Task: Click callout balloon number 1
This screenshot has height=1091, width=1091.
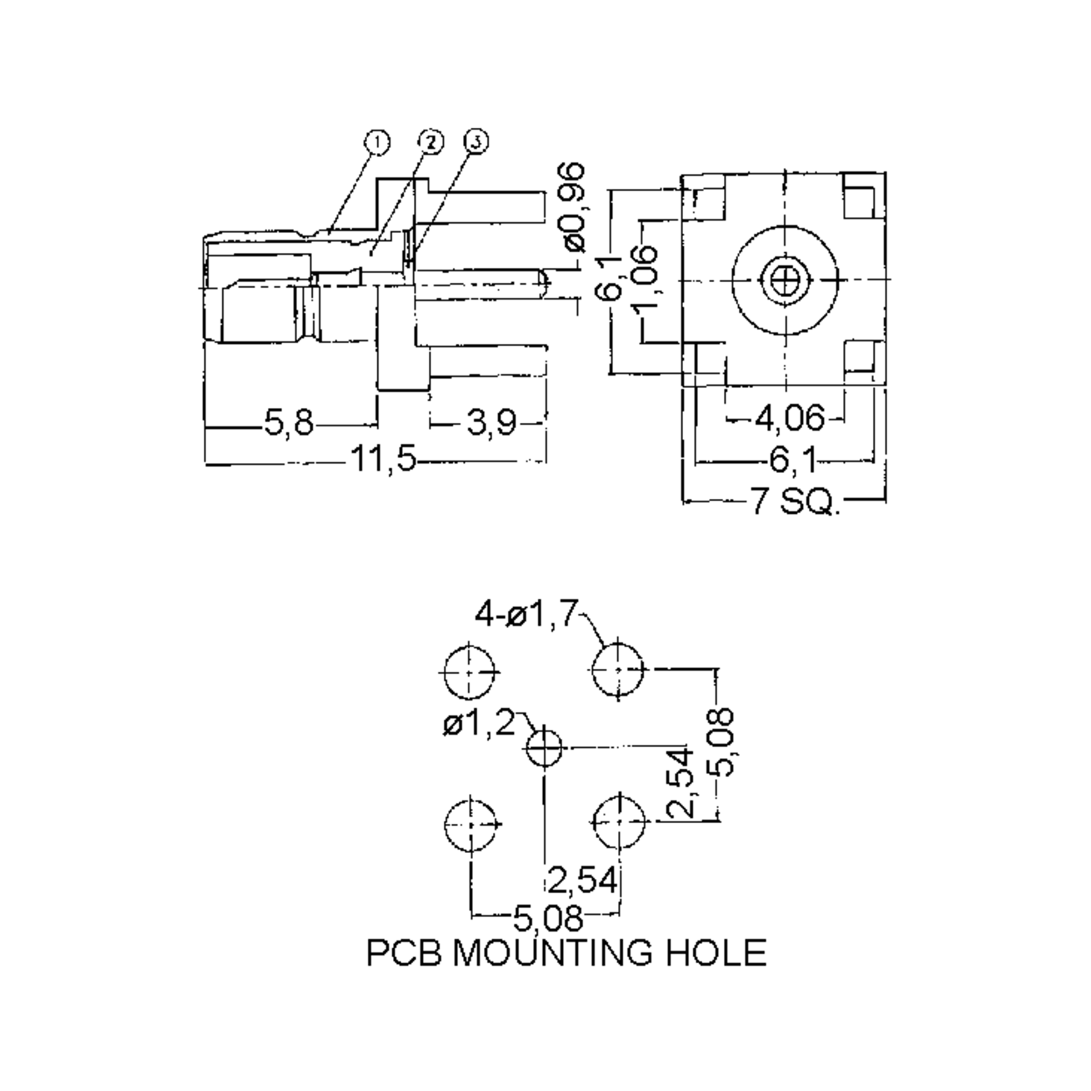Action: click(x=377, y=142)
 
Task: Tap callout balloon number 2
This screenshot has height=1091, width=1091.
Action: click(x=431, y=142)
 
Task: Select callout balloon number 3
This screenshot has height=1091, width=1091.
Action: click(x=476, y=142)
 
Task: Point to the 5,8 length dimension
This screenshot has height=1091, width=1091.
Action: click(x=289, y=422)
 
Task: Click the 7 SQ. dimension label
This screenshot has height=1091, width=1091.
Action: click(x=793, y=500)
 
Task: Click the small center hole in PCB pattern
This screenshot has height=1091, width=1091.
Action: click(x=544, y=746)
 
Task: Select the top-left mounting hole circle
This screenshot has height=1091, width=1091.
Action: click(x=469, y=672)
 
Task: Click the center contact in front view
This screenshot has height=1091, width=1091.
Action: click(x=786, y=279)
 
